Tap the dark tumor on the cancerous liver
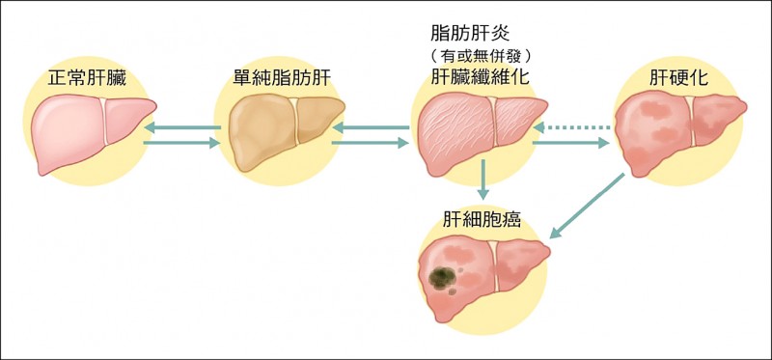443,279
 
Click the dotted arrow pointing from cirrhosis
574,126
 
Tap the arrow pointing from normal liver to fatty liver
181,144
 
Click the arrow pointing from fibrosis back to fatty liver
372,126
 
